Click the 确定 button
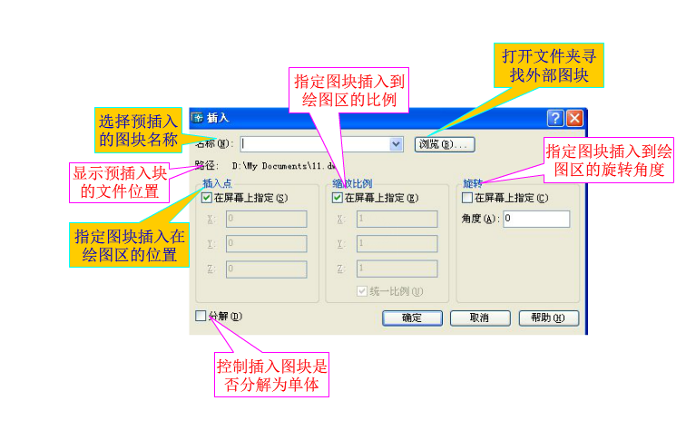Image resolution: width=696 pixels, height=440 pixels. [x=411, y=318]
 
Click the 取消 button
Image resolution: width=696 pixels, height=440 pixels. [x=480, y=318]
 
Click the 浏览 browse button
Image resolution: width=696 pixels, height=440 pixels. [x=445, y=144]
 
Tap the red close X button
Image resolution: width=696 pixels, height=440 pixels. [x=573, y=118]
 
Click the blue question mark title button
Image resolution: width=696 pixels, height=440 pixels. [x=555, y=118]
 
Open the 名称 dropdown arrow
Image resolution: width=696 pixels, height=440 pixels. [x=396, y=143]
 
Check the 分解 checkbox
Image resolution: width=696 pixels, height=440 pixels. [x=201, y=316]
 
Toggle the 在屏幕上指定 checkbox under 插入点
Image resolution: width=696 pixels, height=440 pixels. [x=207, y=198]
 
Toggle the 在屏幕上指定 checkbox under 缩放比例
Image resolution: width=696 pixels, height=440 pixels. [x=338, y=198]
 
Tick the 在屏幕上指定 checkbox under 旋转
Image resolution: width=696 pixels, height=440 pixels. [x=467, y=198]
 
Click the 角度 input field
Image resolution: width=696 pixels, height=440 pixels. [x=535, y=219]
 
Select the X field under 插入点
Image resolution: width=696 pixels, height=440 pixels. [x=266, y=219]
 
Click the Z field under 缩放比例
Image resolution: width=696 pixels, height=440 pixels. [x=397, y=269]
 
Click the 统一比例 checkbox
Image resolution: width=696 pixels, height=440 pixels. [x=363, y=291]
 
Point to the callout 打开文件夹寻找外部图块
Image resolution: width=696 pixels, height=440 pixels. [x=549, y=65]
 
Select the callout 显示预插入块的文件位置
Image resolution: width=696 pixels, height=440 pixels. [x=120, y=181]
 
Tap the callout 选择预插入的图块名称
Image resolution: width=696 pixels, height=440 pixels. [x=138, y=130]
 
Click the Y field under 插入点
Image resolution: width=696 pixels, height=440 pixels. [x=266, y=243]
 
